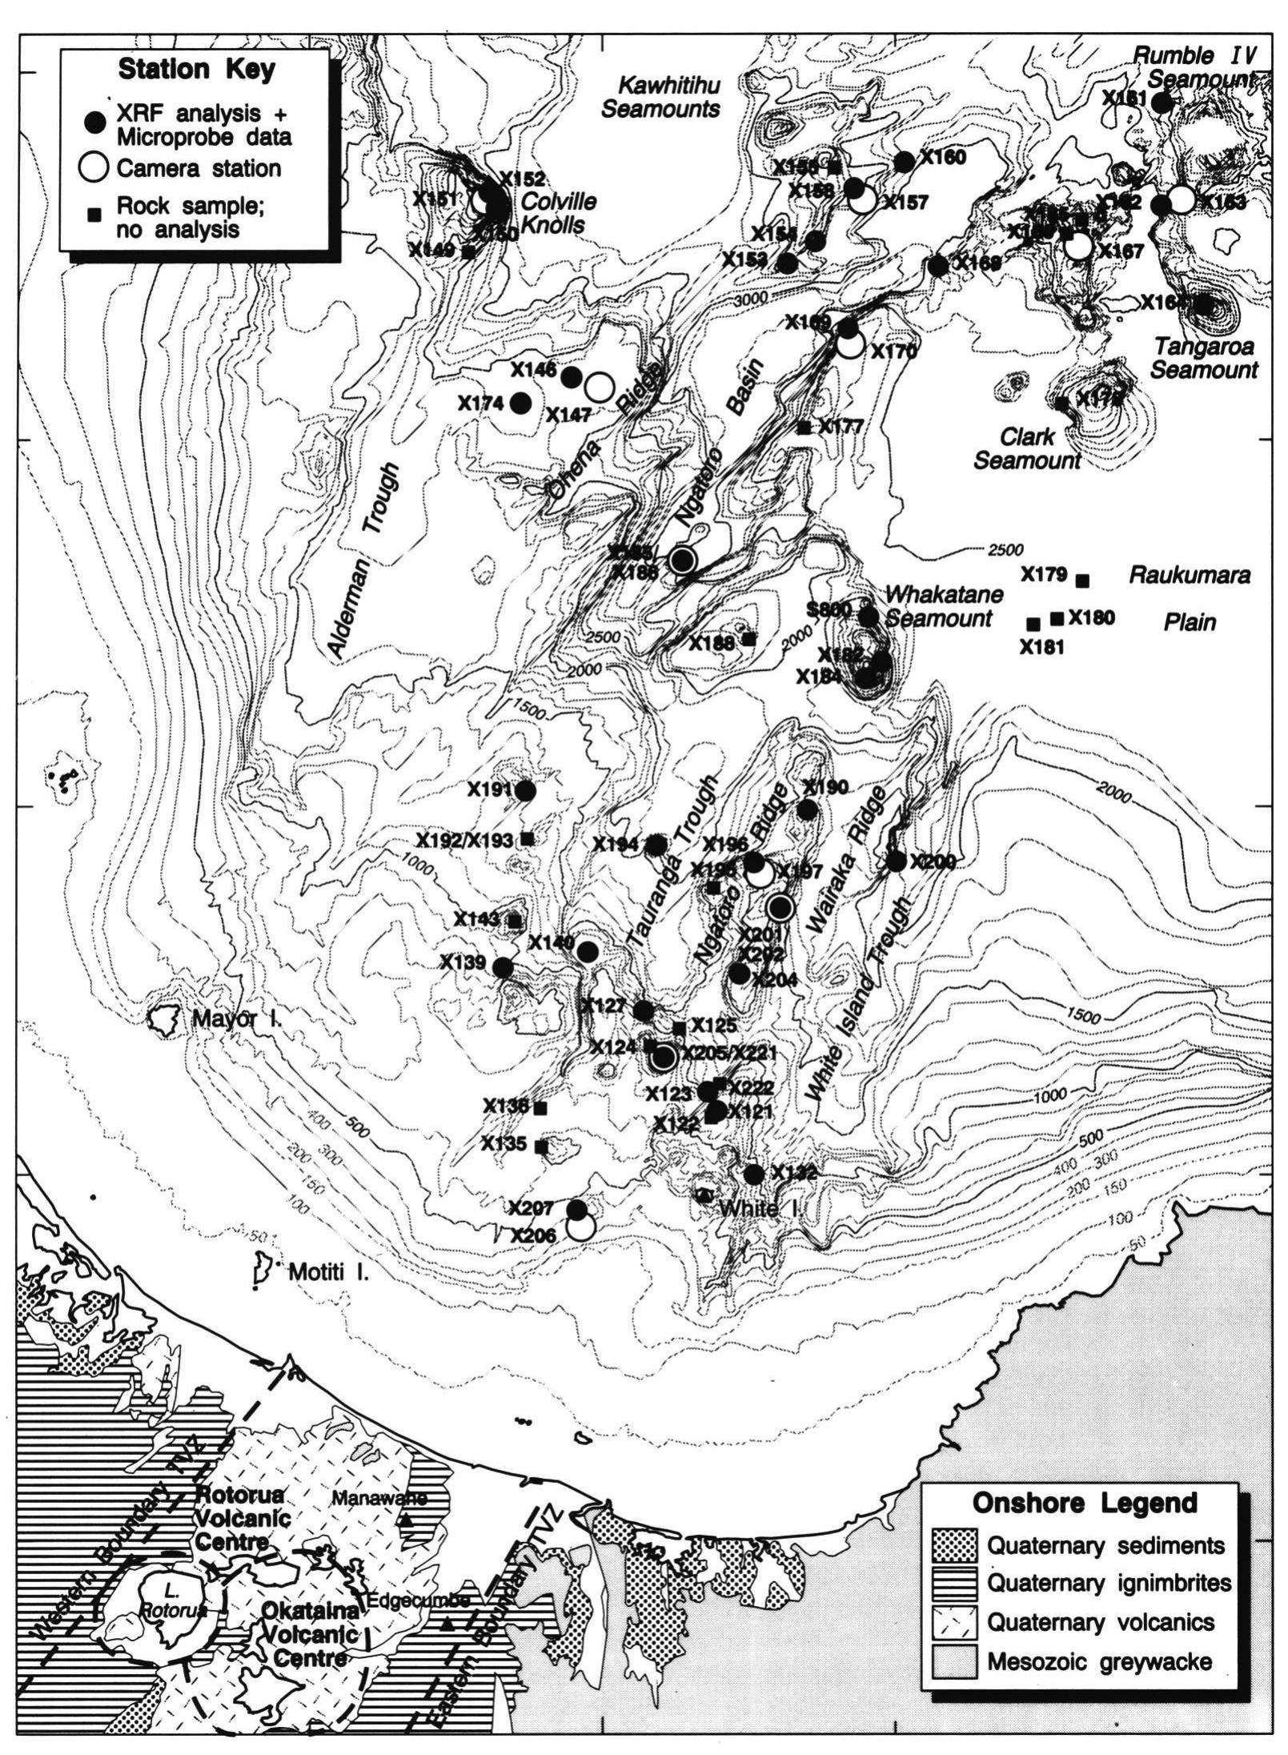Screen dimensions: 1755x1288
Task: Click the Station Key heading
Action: [x=196, y=70]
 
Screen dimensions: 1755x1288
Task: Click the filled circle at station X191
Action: [x=526, y=791]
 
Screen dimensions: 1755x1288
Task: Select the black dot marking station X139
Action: [x=503, y=967]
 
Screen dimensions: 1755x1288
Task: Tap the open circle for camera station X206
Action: [x=580, y=1227]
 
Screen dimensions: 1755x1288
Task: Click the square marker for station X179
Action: [x=1083, y=580]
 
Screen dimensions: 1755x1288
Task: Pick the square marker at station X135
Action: [x=540, y=1146]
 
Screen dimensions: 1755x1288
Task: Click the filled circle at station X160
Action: [x=905, y=162]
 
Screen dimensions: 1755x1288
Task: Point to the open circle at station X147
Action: [x=599, y=387]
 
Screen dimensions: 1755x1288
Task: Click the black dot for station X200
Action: [x=896, y=861]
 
